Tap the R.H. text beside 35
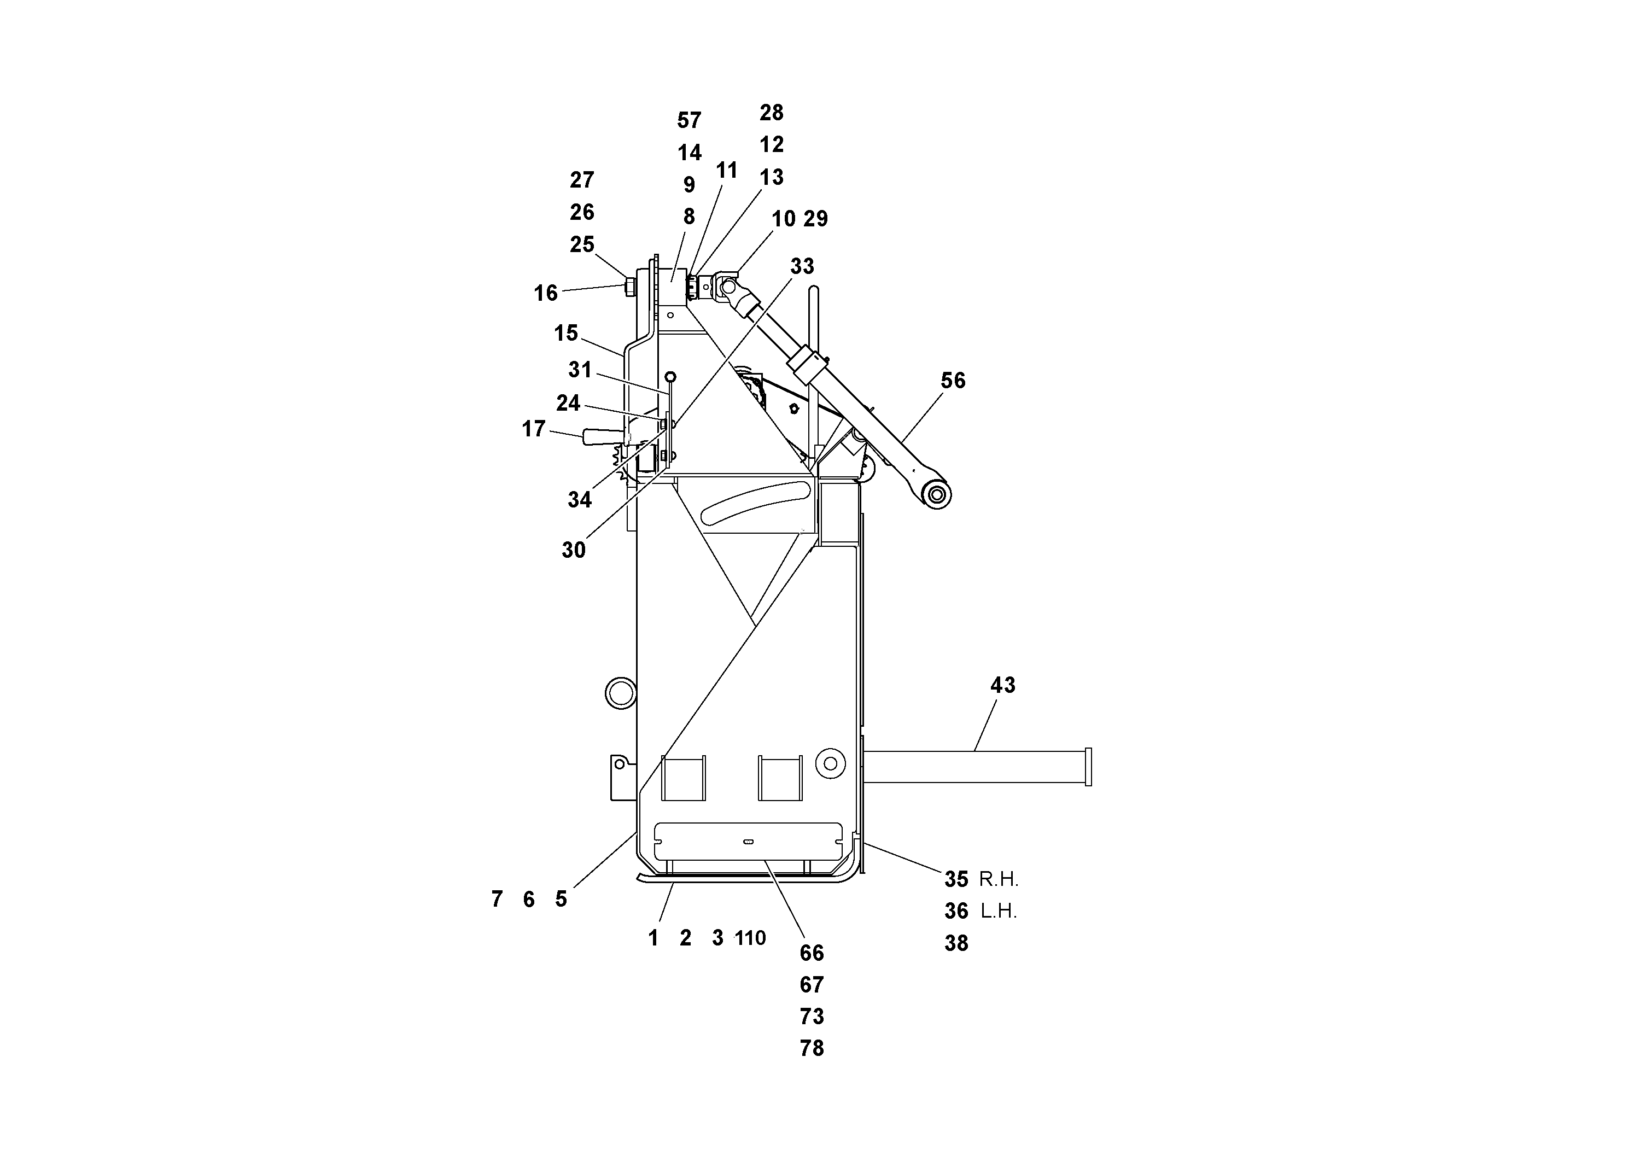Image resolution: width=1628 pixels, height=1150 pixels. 999,879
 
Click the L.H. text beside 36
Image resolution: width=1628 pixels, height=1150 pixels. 999,911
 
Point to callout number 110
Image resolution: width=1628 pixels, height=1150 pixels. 751,938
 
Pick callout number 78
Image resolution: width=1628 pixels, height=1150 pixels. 812,1048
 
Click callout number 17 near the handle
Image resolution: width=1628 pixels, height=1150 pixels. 533,428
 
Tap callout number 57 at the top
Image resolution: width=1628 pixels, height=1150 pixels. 688,120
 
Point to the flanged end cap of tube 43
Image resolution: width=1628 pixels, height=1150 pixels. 1088,767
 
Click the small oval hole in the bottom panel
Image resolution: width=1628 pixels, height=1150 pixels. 748,842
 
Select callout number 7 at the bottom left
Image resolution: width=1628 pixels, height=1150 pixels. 497,899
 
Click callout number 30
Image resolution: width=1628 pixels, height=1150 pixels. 573,550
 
